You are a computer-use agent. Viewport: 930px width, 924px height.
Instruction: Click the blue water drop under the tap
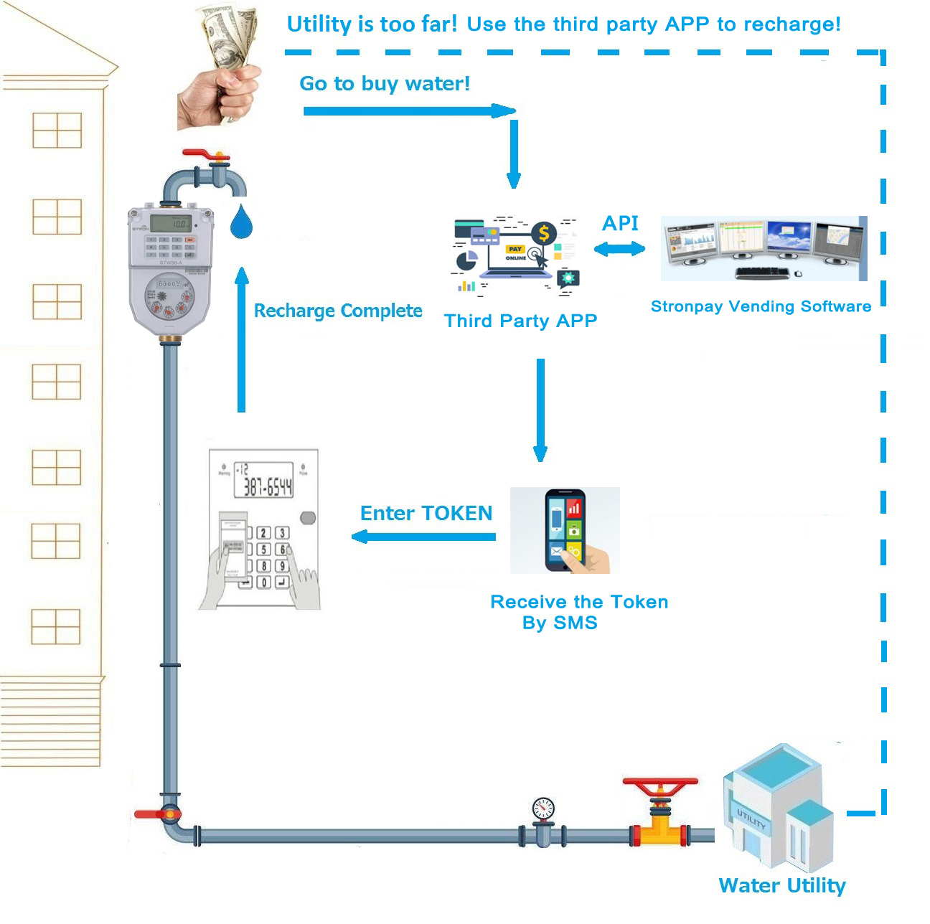click(x=241, y=222)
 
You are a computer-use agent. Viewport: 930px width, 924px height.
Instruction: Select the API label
click(x=620, y=223)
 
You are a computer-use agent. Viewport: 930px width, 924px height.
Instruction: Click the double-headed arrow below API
click(x=619, y=249)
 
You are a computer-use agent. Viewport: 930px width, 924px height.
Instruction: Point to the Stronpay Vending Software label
click(x=761, y=306)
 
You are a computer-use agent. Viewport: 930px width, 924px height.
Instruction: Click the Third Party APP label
click(x=520, y=321)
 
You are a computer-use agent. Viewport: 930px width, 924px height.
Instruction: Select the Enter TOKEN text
click(x=426, y=513)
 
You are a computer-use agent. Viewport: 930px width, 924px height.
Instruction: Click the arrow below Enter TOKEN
click(x=423, y=537)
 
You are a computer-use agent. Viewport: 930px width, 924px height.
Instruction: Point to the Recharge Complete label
click(x=338, y=311)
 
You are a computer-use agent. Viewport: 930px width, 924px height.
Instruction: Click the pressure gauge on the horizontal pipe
click(x=543, y=809)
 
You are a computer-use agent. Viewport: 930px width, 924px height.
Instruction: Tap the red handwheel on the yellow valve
click(x=660, y=783)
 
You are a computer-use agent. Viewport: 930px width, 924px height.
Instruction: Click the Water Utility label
click(x=782, y=885)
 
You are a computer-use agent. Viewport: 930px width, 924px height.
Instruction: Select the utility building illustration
click(x=779, y=807)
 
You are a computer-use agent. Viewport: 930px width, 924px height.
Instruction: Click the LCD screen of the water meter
click(x=171, y=223)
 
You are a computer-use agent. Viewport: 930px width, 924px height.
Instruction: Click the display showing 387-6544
click(x=263, y=480)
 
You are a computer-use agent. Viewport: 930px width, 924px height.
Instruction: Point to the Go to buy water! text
click(x=385, y=83)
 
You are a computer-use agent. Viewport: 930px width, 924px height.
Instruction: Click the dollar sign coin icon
click(x=544, y=233)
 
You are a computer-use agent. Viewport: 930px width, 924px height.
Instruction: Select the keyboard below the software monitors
click(x=762, y=273)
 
